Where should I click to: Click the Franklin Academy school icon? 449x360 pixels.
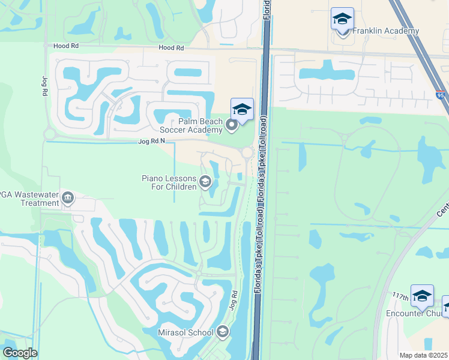[x=342, y=20]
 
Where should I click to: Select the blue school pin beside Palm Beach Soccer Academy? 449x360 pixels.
[x=242, y=109]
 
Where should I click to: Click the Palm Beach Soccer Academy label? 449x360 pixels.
[x=191, y=124]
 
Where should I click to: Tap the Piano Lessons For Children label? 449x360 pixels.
[x=169, y=182]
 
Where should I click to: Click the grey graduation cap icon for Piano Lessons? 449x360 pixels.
[x=205, y=182]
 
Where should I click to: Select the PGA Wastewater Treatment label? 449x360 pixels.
[x=30, y=199]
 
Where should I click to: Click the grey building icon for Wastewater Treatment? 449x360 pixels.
[x=68, y=197]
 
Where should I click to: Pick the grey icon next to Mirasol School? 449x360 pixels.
[x=223, y=332]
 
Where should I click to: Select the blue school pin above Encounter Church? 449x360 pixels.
[x=422, y=296]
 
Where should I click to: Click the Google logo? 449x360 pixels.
[x=20, y=353]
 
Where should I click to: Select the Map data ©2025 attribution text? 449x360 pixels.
[x=423, y=355]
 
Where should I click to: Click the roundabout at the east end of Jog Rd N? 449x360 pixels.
[x=247, y=153]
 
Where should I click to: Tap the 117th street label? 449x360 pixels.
[x=402, y=297]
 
